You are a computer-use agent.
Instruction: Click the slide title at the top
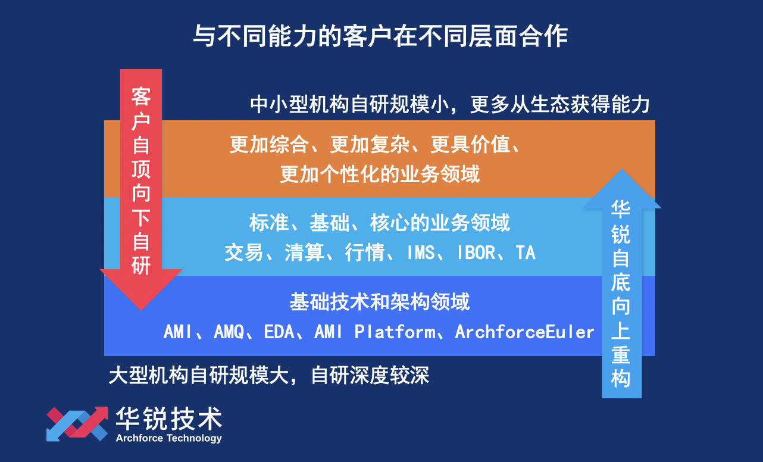coord(381,36)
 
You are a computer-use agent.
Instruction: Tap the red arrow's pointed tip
coord(141,308)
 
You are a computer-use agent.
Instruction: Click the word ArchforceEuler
coord(524,332)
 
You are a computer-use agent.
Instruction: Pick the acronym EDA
coord(279,332)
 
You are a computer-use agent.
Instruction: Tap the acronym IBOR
coord(476,253)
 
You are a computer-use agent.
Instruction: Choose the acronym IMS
coord(425,253)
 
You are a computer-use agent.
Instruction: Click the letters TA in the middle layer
coord(526,253)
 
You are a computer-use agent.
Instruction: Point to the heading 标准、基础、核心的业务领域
coord(380,223)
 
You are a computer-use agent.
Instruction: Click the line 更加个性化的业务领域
coord(380,174)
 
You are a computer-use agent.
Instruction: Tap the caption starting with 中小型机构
coord(449,105)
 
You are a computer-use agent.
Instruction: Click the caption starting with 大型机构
coord(268,376)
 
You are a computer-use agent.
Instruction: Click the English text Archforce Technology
coord(168,439)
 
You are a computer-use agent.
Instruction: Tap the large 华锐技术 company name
coord(168,419)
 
